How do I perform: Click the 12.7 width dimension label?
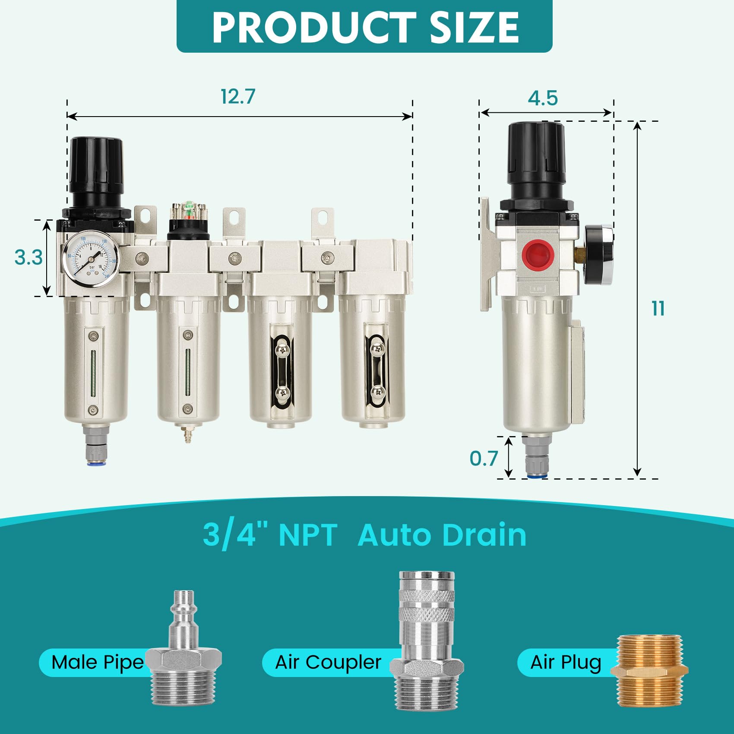238,97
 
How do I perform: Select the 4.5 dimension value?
543,98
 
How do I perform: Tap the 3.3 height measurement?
28,257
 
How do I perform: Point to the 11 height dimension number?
658,309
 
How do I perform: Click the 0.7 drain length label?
484,458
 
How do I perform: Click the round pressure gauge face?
91,258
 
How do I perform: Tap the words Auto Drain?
442,535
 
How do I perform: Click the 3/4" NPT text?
270,535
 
